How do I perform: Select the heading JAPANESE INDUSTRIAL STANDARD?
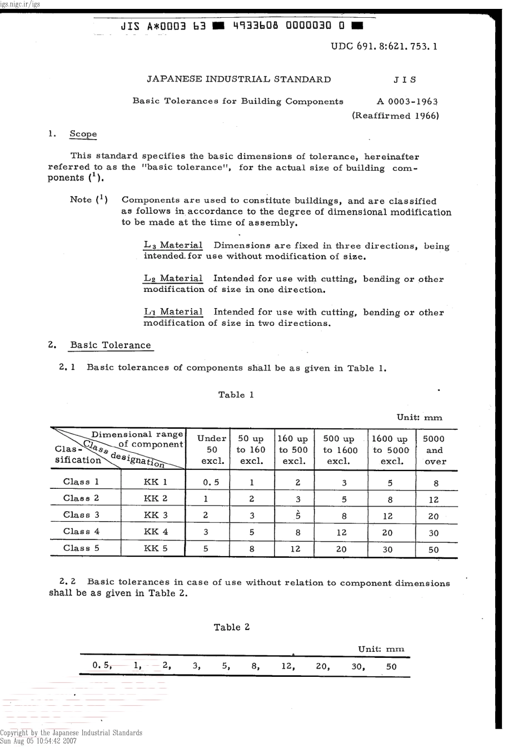coord(238,79)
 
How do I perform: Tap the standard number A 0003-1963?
coord(407,101)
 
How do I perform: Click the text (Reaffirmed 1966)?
coord(395,116)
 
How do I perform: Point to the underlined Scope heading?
coord(83,134)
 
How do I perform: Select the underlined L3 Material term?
coord(173,245)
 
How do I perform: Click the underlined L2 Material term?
coord(173,279)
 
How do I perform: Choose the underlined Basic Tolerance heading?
coord(110,345)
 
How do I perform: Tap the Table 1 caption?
coord(236,395)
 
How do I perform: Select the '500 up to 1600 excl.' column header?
coord(340,450)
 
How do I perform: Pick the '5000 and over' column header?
coord(434,450)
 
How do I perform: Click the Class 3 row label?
coord(81,515)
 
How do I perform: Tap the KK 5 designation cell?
coord(156,548)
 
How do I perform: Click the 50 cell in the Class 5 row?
coord(434,549)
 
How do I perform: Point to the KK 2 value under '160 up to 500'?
coord(298,499)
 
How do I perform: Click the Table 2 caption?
coord(232,627)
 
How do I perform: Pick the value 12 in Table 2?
coord(287,666)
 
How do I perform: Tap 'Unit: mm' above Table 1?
coord(419,418)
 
